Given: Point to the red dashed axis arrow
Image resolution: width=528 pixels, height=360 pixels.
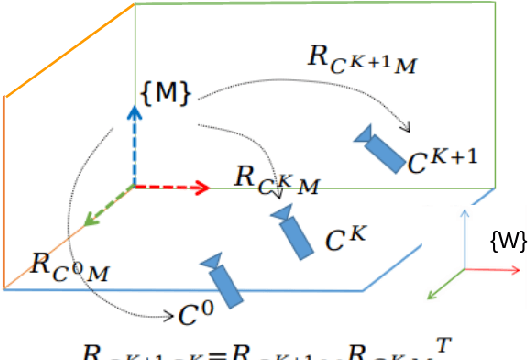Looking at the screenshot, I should (x=170, y=187).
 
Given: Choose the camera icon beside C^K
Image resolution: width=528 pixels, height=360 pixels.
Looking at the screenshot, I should (x=292, y=232).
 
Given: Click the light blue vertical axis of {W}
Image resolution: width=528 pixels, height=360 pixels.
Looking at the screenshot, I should (x=464, y=240).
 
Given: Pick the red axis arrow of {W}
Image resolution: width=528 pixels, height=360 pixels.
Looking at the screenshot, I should (x=487, y=269).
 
